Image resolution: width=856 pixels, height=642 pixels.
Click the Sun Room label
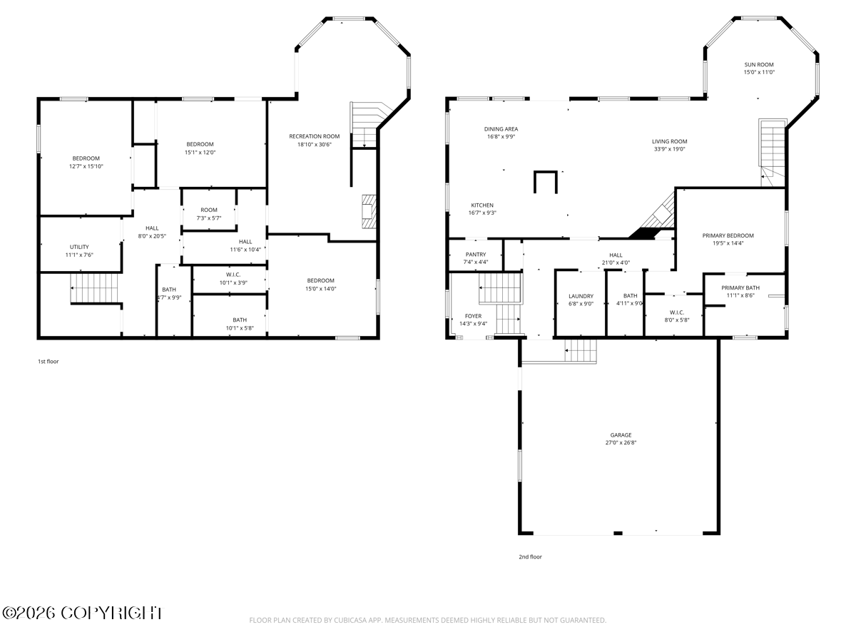pos(758,65)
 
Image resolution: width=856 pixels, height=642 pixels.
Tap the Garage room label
pos(621,435)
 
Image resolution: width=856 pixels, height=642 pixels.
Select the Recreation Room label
pos(315,136)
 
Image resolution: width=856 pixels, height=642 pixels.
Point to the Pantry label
pos(475,255)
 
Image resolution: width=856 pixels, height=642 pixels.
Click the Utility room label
pos(79,247)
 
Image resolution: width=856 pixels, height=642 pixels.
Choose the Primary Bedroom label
pos(728,236)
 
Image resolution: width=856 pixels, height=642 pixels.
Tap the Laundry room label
pos(581,296)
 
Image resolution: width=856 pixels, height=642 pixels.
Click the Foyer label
pos(473,316)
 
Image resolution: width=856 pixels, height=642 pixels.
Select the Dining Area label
pos(501,129)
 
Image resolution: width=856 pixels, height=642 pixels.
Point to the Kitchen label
pos(482,205)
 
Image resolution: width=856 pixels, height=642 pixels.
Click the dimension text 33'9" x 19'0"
pos(670,149)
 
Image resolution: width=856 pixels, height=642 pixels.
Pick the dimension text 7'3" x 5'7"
pos(208,218)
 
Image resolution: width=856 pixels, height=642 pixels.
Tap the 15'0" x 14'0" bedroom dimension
pos(320,289)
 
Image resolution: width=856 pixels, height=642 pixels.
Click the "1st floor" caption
pos(49,362)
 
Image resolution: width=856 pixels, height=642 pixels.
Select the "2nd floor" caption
pos(530,557)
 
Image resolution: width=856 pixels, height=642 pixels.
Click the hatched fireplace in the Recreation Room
pos(369,211)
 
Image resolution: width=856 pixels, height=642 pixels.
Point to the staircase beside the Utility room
pos(94,288)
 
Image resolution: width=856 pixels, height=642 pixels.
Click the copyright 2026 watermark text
pos(83,613)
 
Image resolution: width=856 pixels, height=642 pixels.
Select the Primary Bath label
pos(740,288)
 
